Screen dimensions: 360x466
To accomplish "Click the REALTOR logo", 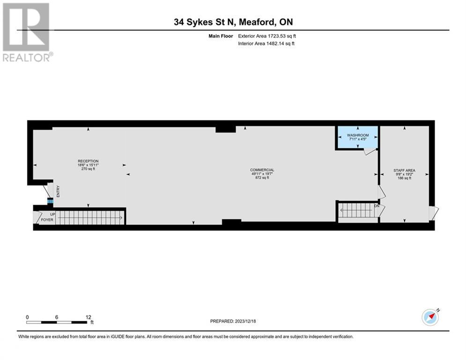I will coord(26,32).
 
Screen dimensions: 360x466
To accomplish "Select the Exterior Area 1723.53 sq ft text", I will coord(267,36).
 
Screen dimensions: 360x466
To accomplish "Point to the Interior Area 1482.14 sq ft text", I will coord(266,44).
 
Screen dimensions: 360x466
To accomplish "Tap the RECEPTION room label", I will coord(88,161).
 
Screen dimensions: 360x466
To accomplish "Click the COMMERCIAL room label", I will coord(262,170).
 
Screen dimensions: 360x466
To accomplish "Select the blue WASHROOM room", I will coord(358,138).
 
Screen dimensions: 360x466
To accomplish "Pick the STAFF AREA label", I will coord(404,171).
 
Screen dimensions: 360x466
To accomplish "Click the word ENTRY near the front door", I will coord(59,192).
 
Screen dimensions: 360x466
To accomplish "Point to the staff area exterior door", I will coord(433,213).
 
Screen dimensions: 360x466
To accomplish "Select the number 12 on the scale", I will coord(88,317).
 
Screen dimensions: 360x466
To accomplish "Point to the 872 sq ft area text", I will coord(262,178).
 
